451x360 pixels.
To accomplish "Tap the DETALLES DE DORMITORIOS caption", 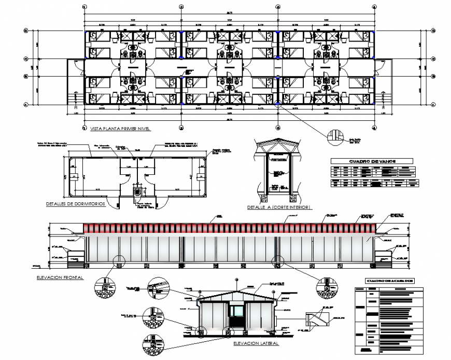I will point(76,204).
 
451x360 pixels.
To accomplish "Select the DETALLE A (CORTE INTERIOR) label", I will point(278,207).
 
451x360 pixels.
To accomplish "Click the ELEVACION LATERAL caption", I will point(255,343).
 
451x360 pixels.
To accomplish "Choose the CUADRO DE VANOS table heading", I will point(372,161).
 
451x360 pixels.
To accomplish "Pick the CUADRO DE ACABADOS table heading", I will point(386,281).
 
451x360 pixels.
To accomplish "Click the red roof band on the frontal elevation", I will point(230,228).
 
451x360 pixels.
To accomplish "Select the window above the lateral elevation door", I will point(237,310).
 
